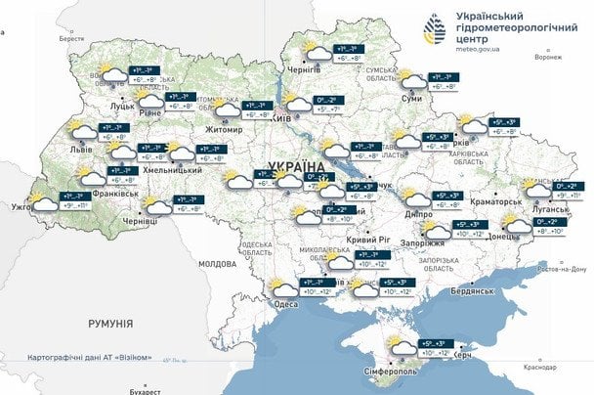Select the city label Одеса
click(286, 304)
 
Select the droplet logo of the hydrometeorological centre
click(436, 29)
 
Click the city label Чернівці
click(138, 222)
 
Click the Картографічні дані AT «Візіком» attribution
click(91, 357)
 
